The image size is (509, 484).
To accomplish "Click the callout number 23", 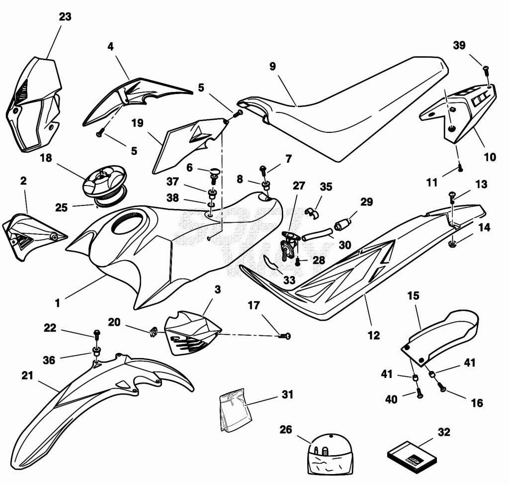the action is tap(65, 16).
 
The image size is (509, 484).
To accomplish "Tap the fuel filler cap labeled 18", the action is tap(104, 183).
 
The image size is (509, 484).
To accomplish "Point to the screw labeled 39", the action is tap(486, 70).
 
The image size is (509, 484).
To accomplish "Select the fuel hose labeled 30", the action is tap(317, 235).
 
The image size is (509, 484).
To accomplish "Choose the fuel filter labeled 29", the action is tap(342, 224).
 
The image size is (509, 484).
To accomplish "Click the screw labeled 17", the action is tap(285, 336).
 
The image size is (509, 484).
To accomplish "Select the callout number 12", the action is tap(373, 335).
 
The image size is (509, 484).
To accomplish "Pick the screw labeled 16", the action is tap(441, 387).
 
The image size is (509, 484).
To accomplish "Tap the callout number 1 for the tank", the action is tap(58, 303).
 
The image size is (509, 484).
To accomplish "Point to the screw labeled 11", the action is tap(460, 167).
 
